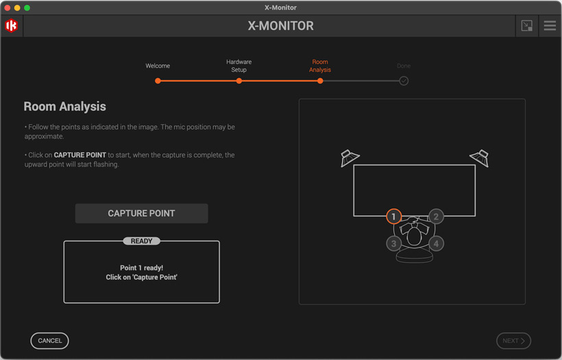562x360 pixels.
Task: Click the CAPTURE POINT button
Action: click(x=141, y=213)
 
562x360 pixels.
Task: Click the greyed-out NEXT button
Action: click(x=513, y=341)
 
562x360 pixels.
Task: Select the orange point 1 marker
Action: click(x=393, y=217)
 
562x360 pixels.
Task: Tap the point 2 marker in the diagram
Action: click(x=436, y=217)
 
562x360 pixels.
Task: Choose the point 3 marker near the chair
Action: click(x=393, y=243)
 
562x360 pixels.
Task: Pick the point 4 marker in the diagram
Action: click(x=436, y=243)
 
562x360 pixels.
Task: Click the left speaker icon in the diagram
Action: click(x=350, y=158)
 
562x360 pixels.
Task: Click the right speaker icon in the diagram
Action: click(x=479, y=158)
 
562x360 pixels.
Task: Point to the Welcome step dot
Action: click(x=158, y=81)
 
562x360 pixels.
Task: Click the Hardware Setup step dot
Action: click(x=239, y=81)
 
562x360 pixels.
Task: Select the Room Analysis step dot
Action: click(x=320, y=81)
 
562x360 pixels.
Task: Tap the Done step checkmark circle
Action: click(x=404, y=81)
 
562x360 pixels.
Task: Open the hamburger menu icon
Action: click(x=550, y=26)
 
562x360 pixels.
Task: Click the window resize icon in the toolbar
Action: click(x=526, y=26)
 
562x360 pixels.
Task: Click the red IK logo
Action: click(x=12, y=26)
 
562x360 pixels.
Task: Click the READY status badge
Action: click(x=142, y=241)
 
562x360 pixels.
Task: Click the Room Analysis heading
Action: click(x=64, y=107)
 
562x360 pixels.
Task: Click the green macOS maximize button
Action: click(x=27, y=8)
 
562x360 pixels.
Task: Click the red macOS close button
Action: click(x=8, y=8)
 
